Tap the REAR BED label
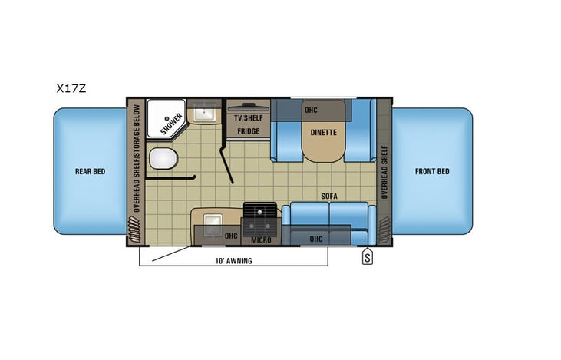click(x=90, y=171)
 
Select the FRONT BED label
click(x=433, y=171)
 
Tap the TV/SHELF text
click(x=247, y=119)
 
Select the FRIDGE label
click(x=247, y=131)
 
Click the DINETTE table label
click(x=323, y=132)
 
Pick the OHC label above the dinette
click(x=310, y=109)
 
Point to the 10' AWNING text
click(x=234, y=261)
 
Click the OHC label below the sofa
click(x=315, y=239)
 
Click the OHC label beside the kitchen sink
click(x=230, y=236)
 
